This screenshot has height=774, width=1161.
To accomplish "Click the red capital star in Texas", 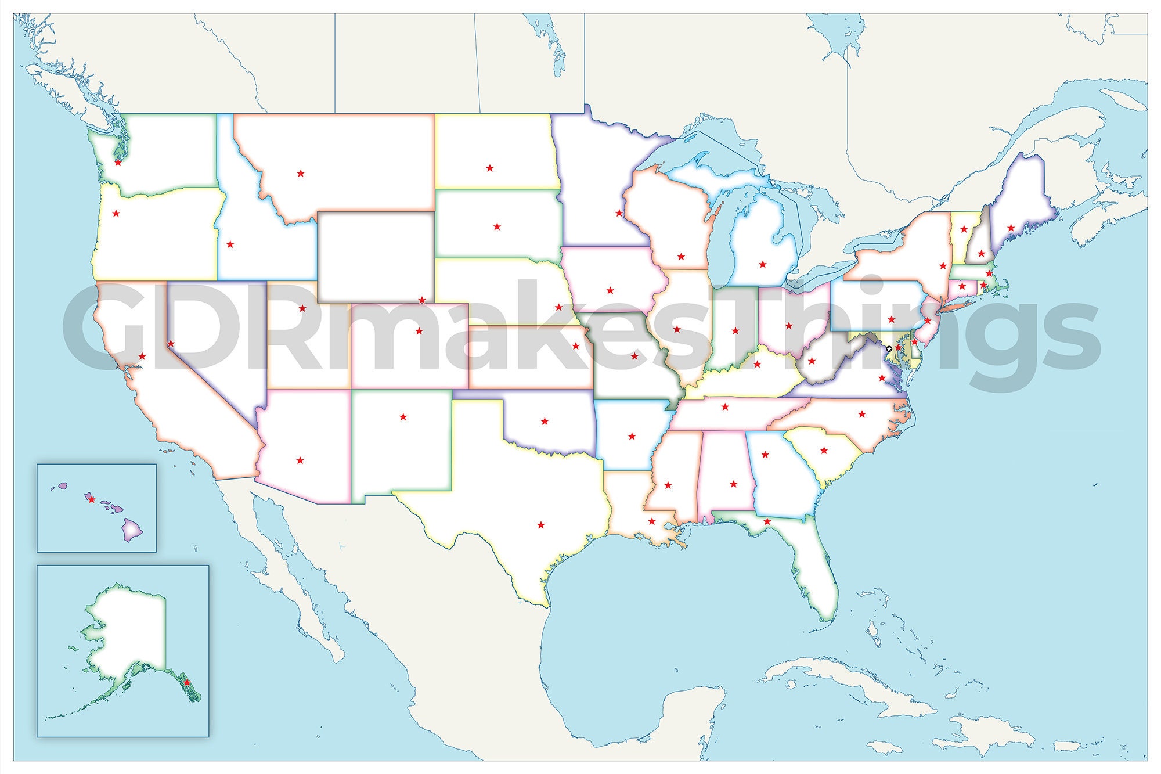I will (541, 525).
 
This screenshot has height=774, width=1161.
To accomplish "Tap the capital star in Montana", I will (301, 173).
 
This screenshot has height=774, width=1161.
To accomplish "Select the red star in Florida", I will (767, 521).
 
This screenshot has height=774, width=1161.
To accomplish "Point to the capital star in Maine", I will (1011, 228).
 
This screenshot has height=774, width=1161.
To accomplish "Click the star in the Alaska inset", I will (187, 683).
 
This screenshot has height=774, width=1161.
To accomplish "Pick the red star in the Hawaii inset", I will (91, 499).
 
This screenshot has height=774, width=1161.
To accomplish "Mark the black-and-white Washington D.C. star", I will (889, 348).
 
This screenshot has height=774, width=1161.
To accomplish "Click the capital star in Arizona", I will (300, 460).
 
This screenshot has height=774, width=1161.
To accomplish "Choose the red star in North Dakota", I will (490, 168).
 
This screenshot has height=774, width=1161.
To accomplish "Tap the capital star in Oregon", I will (116, 213).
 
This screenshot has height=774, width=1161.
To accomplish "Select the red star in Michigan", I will (762, 264).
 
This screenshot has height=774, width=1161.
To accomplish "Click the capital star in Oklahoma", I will (545, 421).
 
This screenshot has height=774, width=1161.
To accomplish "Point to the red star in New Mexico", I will (403, 416).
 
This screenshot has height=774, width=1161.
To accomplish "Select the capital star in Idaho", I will (230, 244).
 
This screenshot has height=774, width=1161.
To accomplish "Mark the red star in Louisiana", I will (652, 521).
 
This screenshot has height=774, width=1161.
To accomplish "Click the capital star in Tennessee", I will (725, 406).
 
